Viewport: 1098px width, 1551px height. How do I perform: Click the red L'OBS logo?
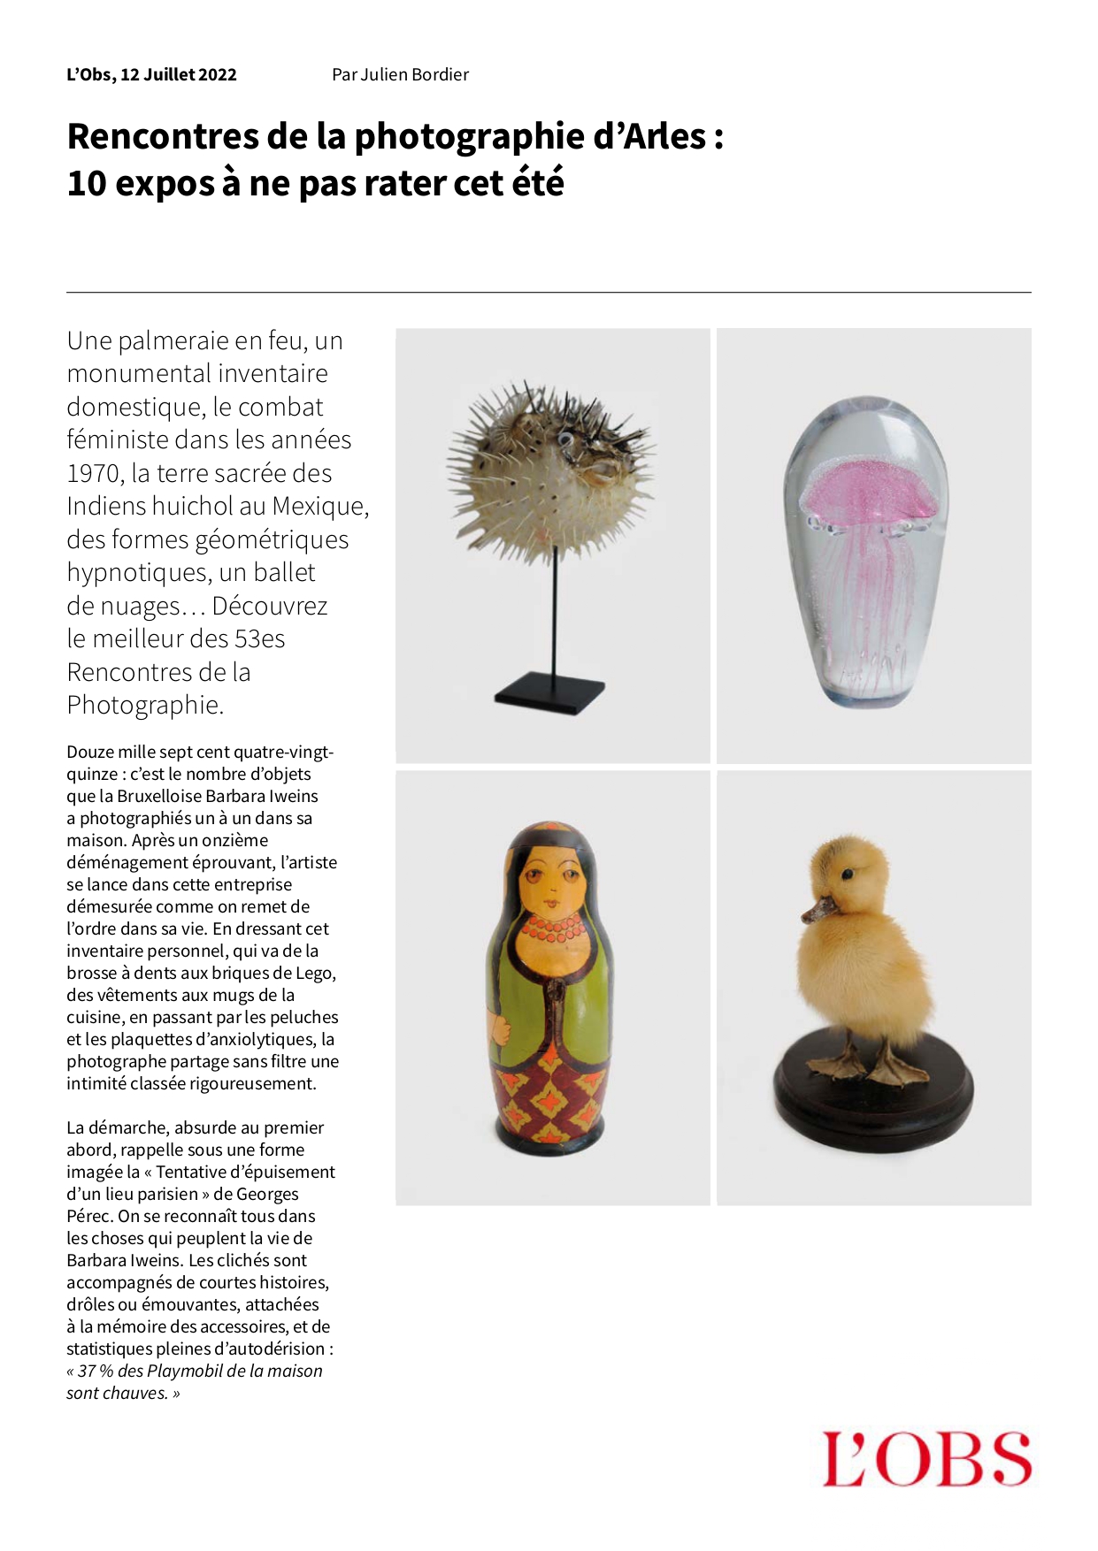point(926,1459)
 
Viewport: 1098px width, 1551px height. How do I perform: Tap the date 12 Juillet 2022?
point(178,75)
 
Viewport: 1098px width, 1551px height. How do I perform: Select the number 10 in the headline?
point(87,184)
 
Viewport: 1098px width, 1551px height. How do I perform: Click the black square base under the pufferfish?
point(549,692)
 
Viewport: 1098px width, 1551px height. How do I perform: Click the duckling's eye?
point(847,875)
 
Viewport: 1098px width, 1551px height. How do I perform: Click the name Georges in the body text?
point(267,1194)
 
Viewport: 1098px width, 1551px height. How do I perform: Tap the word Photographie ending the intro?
point(145,706)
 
